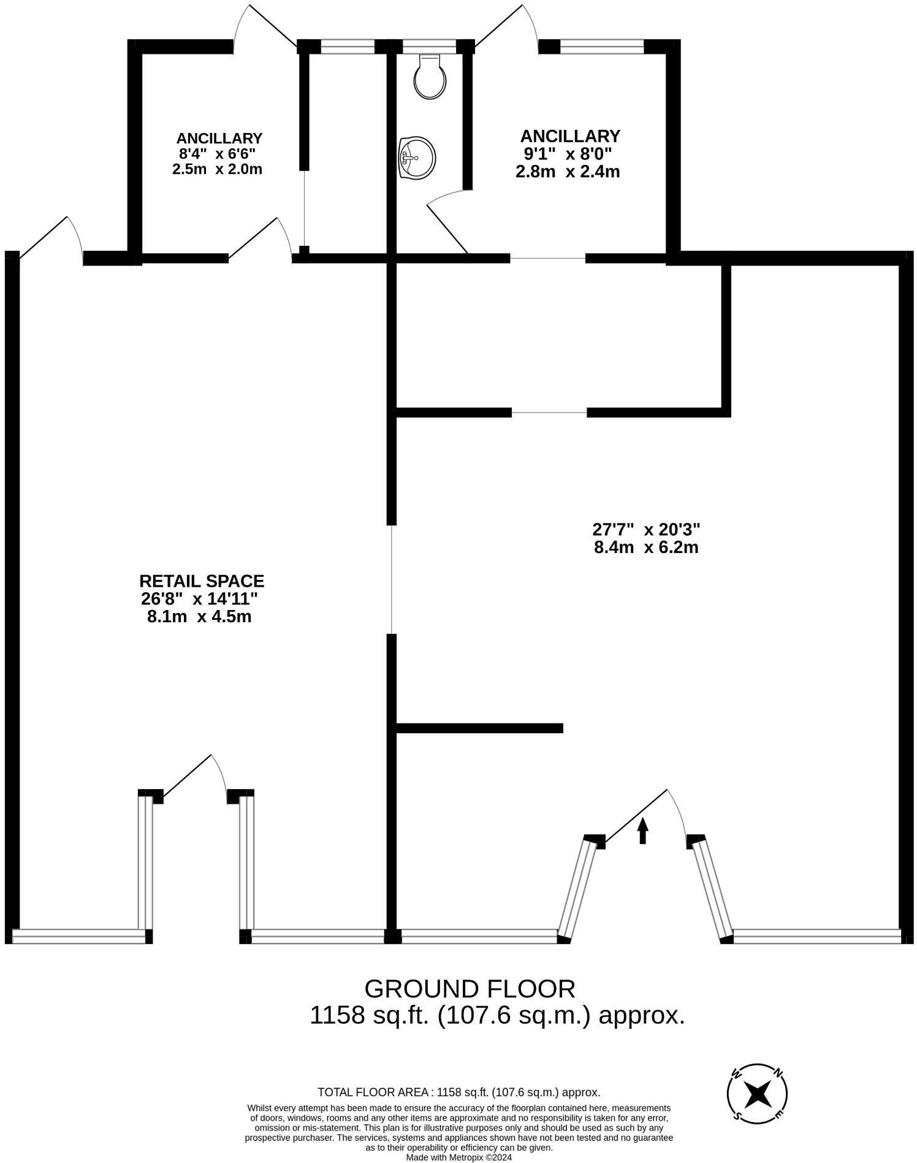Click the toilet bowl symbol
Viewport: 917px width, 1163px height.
pos(430,77)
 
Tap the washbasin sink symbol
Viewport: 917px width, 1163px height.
pos(416,158)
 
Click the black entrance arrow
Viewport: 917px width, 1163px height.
pos(642,831)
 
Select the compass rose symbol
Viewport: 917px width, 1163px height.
pos(757,1092)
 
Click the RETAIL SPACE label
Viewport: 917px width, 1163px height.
pos(202,581)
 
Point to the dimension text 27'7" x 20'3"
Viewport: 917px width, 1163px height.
pos(646,528)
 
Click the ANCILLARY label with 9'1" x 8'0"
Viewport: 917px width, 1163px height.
pos(569,135)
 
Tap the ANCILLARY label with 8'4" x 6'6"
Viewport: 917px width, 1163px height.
pos(219,138)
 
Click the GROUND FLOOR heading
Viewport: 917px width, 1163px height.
pos(470,989)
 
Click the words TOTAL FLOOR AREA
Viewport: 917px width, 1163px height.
pos(374,1092)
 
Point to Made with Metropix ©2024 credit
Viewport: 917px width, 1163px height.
pos(458,1157)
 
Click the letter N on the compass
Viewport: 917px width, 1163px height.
pos(777,1073)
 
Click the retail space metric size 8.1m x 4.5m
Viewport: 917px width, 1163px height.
pos(199,616)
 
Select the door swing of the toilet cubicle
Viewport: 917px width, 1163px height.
pos(447,221)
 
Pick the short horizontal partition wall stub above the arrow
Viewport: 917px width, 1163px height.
pos(479,728)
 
